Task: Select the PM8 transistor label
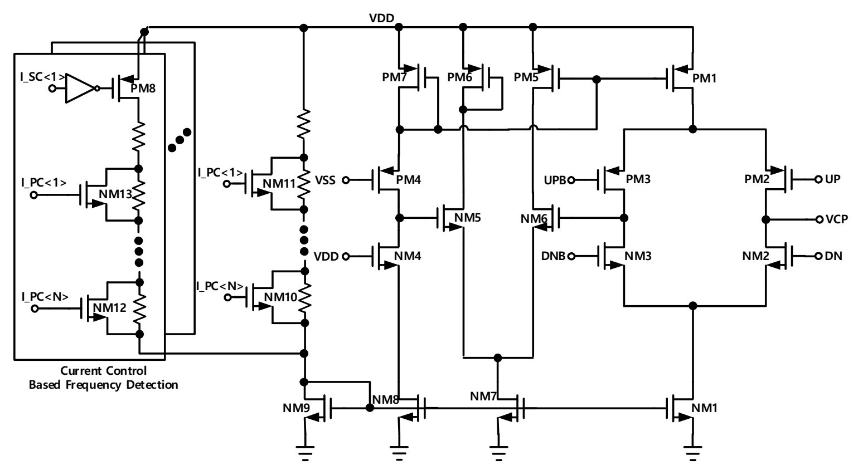143,89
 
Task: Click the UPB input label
555,180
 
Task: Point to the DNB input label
554,256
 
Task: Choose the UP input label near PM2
832,179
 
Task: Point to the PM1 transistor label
704,79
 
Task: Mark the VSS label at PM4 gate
326,180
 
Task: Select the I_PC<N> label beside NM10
220,286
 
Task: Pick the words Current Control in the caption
103,371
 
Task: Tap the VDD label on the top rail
381,18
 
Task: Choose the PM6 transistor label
460,78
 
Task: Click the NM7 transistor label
483,396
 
